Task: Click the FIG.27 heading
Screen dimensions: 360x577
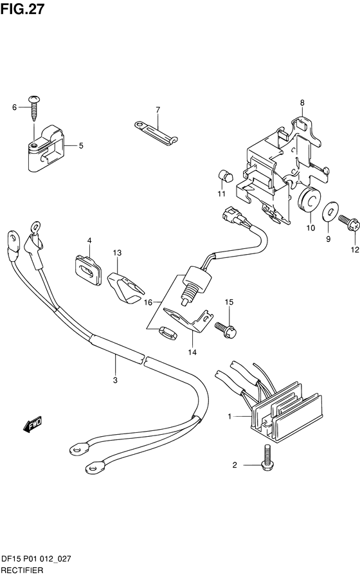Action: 22,9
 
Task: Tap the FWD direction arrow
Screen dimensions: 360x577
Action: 32,425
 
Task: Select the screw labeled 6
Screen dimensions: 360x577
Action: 34,109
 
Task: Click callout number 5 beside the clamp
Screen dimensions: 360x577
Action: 81,146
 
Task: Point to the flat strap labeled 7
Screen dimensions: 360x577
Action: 157,131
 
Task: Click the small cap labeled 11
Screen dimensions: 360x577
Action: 226,176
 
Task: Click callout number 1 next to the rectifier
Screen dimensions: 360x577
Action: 230,417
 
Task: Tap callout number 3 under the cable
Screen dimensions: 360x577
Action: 115,380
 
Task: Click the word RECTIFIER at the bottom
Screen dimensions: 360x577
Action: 22,571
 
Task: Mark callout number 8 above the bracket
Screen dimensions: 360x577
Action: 302,103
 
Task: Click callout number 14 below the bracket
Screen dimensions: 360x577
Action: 192,352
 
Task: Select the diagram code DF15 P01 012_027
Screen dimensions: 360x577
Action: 37,560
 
